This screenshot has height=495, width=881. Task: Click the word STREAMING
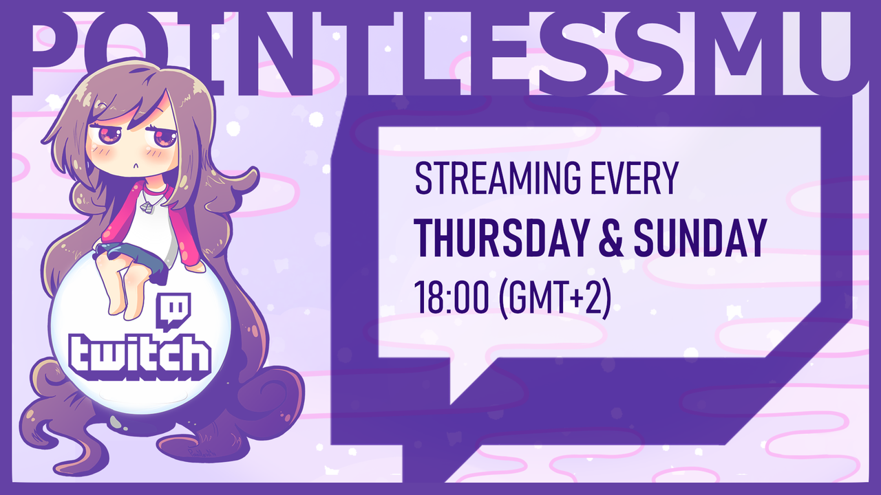click(x=498, y=178)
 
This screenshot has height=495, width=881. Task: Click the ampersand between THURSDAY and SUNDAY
click(x=611, y=238)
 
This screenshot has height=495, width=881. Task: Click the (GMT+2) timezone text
click(x=555, y=298)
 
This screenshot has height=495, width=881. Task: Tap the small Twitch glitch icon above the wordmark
click(x=173, y=311)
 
